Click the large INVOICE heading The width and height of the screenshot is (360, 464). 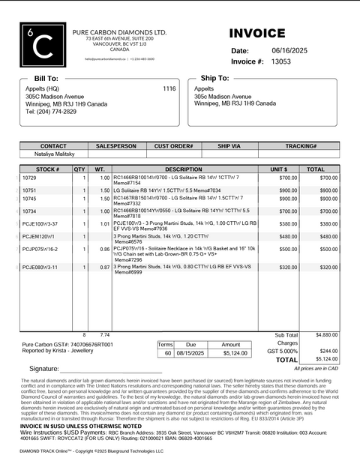[x=257, y=34]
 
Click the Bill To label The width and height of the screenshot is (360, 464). [x=46, y=78]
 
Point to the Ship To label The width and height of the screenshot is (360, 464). [x=214, y=78]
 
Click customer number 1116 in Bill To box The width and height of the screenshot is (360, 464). [x=169, y=88]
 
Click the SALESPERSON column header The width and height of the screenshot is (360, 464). [x=116, y=146]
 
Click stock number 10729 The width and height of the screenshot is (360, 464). [x=29, y=178]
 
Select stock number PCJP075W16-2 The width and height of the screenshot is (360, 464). [x=40, y=249]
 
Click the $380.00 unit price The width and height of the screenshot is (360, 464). [x=288, y=224]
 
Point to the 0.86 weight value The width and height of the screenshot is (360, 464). [x=105, y=249]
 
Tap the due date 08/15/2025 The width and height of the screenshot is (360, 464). [x=190, y=353]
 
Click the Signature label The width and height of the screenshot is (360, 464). [x=43, y=370]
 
